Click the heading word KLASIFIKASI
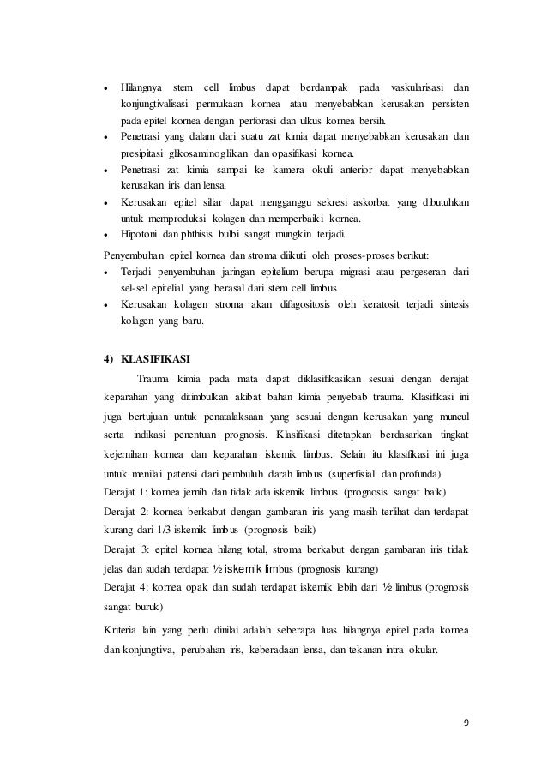coord(157,357)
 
